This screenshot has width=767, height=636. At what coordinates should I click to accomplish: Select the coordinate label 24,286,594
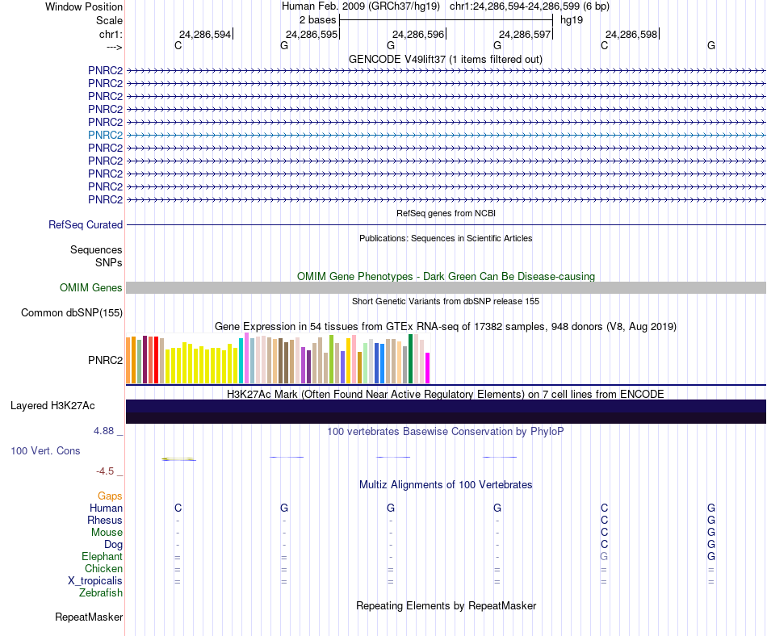click(205, 34)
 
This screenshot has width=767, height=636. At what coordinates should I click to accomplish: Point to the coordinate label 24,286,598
click(631, 34)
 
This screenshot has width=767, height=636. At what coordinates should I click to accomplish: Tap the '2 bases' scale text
click(317, 19)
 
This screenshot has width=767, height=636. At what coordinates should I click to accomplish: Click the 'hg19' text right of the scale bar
click(572, 19)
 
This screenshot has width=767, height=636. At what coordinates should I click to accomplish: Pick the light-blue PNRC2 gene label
click(106, 135)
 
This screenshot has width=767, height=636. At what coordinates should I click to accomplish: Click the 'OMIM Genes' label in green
click(91, 288)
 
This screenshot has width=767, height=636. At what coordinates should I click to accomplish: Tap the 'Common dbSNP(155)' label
click(72, 313)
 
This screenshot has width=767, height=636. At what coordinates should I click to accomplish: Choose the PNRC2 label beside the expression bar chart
click(106, 359)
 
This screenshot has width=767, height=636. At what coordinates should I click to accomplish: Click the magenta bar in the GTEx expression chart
click(428, 368)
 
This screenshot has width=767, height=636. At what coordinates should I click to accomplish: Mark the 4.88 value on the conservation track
click(106, 431)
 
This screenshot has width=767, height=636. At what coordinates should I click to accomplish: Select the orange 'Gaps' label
click(111, 496)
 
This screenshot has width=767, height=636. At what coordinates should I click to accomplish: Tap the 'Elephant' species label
click(102, 557)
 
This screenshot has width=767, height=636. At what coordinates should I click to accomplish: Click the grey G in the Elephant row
click(603, 557)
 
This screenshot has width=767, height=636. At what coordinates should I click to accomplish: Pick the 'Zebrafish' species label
click(101, 593)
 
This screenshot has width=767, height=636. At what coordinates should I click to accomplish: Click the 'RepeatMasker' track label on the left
click(89, 617)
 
